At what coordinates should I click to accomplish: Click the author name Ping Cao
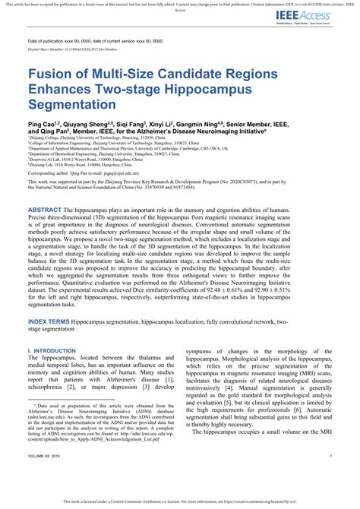43,122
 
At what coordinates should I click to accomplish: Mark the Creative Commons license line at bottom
180,502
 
